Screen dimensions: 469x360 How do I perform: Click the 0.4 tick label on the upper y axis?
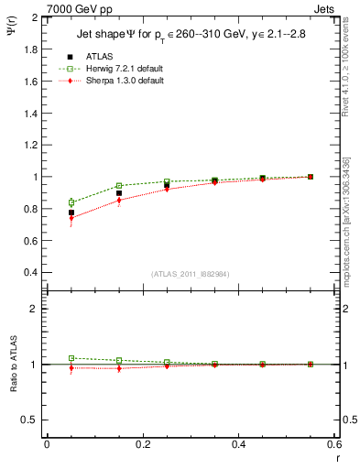point(28,272)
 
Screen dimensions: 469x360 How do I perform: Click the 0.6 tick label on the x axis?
point(333,443)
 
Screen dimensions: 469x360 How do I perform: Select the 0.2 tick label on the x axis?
point(143,443)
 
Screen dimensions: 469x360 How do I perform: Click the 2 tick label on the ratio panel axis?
point(33,309)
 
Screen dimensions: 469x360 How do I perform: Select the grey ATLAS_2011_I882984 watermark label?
point(191,274)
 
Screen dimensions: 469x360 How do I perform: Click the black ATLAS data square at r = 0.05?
point(71,213)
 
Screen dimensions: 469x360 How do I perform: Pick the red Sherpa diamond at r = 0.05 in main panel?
point(71,218)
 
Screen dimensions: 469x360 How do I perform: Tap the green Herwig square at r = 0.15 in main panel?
point(119,186)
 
